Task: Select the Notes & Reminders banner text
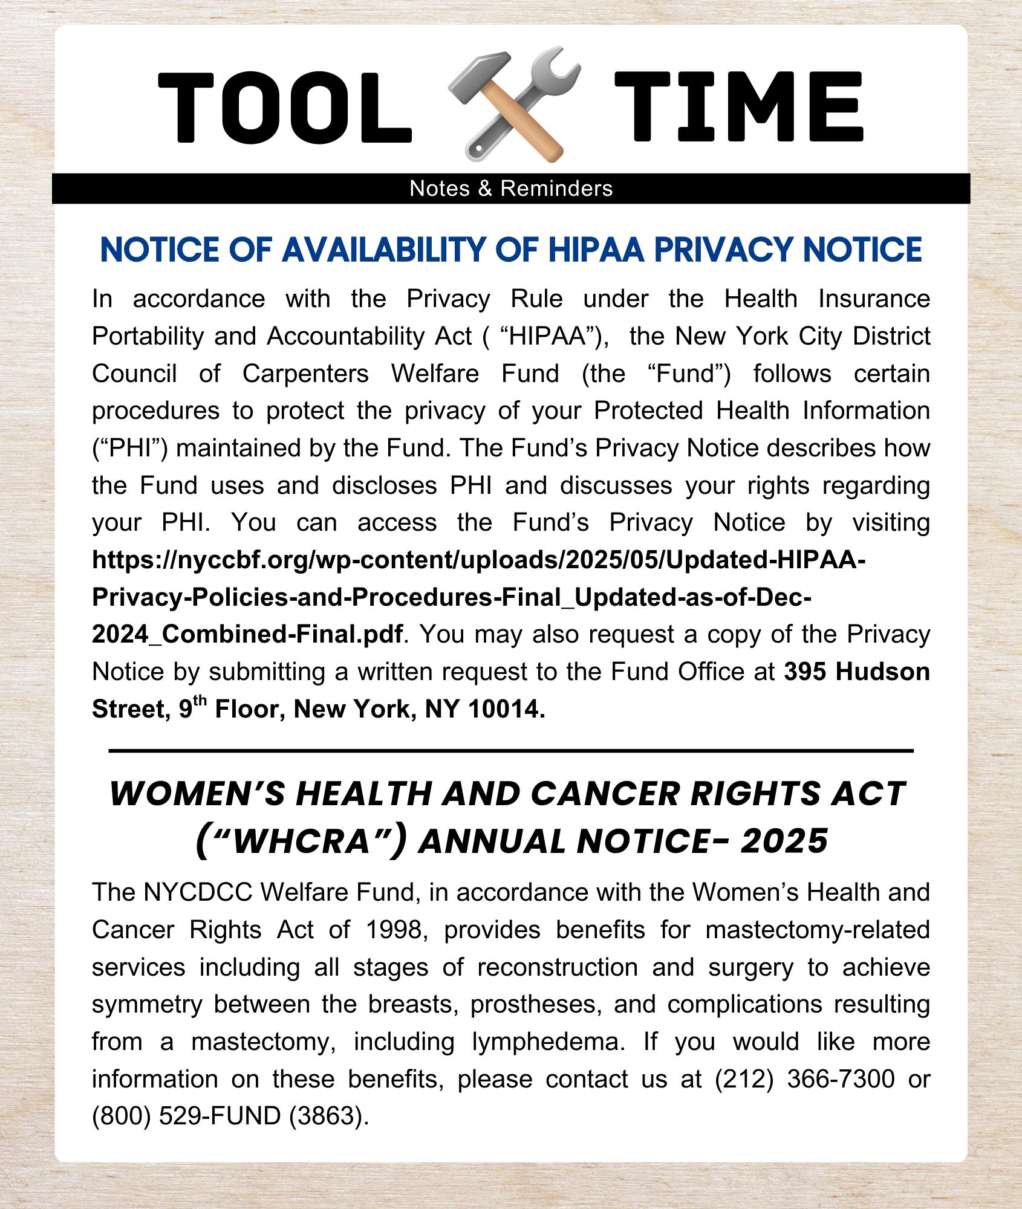(511, 189)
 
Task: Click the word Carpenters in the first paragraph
(305, 374)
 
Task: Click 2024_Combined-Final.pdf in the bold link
(247, 635)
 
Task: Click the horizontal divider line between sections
(511, 751)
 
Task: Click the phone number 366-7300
(841, 1079)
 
